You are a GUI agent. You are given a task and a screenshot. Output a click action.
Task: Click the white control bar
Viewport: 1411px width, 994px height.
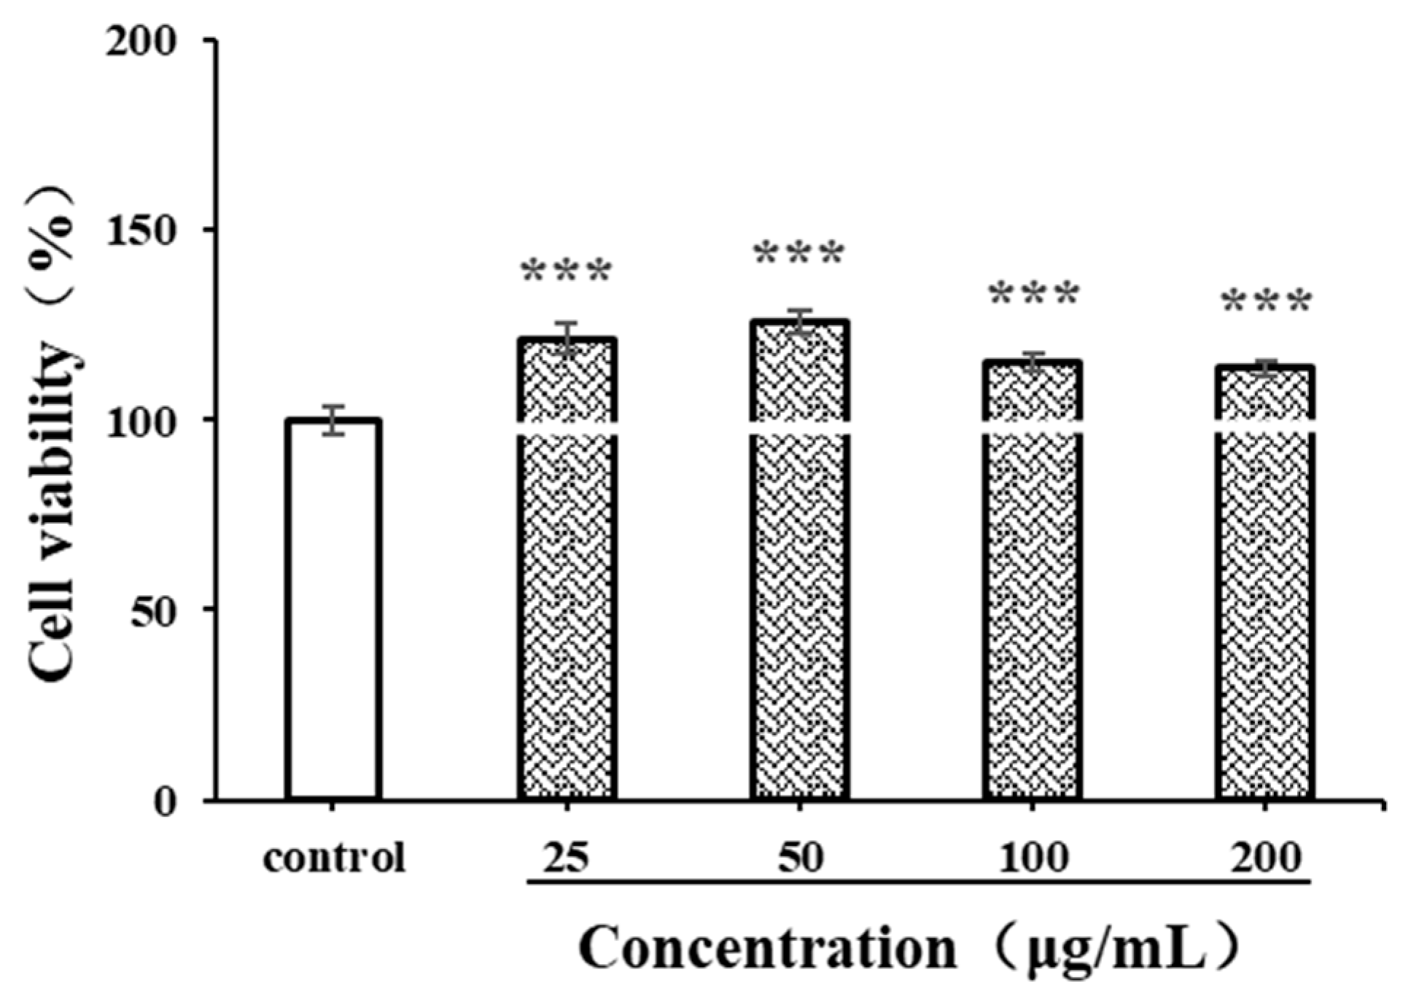tap(334, 609)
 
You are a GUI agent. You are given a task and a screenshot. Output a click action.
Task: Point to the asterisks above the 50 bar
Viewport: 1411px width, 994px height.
tap(799, 254)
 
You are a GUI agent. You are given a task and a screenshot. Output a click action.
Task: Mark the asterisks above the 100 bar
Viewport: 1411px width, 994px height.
tap(1033, 295)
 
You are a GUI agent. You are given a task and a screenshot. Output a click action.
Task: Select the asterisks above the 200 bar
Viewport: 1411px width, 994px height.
tap(1266, 302)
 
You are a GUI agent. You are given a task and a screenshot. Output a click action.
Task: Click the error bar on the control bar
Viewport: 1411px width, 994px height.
tap(334, 420)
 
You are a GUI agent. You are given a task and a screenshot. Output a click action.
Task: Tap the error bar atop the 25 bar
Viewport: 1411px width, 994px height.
tap(567, 338)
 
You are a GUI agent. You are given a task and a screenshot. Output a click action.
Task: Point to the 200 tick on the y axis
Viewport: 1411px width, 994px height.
tap(208, 39)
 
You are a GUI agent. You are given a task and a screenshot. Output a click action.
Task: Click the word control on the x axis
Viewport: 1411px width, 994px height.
tap(334, 858)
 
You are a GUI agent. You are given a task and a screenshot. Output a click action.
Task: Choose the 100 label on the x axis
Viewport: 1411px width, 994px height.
tap(1033, 858)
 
